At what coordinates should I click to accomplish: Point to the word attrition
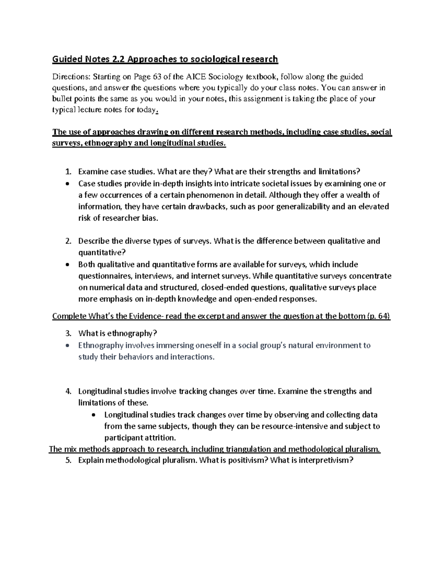[x=159, y=438]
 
